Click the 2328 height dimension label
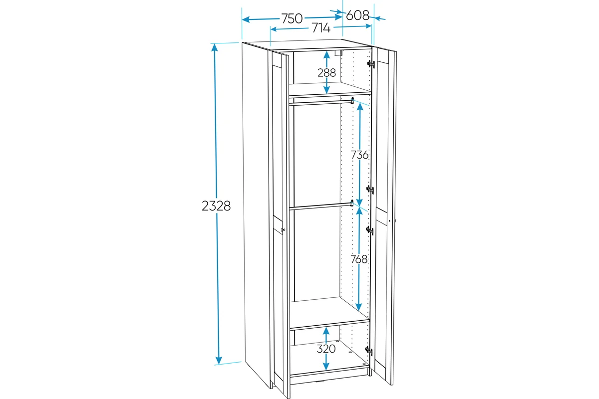click(x=216, y=206)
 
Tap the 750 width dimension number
click(x=292, y=18)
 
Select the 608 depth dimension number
click(x=357, y=15)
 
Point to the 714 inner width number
click(x=321, y=28)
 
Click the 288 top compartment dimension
click(x=326, y=73)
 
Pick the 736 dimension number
click(x=359, y=155)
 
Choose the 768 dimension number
click(x=359, y=259)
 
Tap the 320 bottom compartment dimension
click(x=326, y=349)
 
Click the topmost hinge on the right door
click(x=370, y=64)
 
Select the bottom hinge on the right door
click(x=369, y=350)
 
